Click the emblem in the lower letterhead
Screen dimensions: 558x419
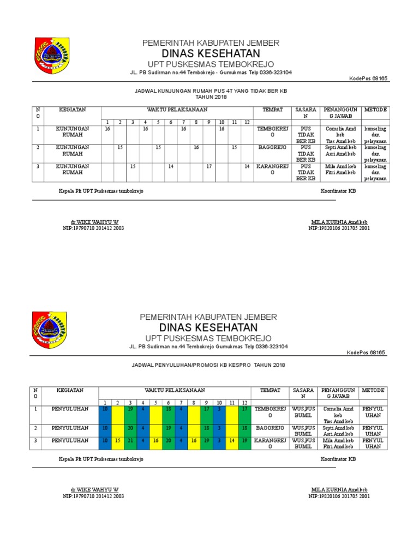(50, 329)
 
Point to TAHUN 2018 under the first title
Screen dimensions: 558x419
(211, 98)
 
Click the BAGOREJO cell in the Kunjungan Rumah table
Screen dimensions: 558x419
(272, 148)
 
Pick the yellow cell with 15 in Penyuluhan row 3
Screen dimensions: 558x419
(118, 440)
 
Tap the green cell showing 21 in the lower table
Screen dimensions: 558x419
(130, 440)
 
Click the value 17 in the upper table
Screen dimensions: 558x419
(208, 166)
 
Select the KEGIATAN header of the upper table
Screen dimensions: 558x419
(73, 110)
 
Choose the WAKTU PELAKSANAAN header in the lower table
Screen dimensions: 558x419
(175, 390)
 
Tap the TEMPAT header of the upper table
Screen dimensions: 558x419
(272, 110)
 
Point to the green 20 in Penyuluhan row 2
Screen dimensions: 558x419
(130, 428)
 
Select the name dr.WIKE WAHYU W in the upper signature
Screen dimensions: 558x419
(94, 222)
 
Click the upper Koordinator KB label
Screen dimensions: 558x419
(338, 191)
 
